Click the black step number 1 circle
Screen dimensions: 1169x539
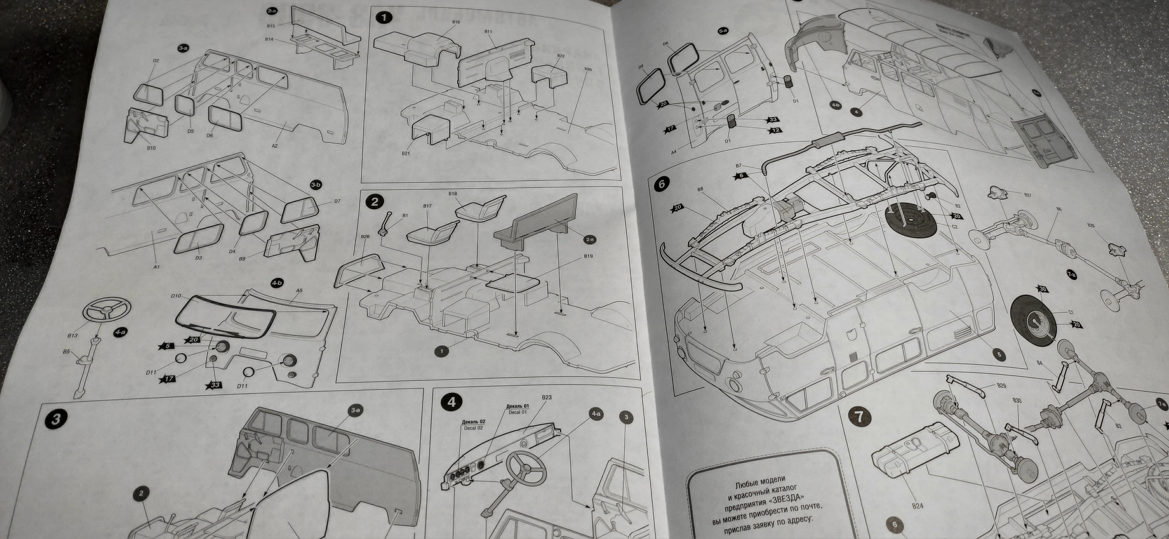pos(384,18)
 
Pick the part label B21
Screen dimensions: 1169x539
pos(405,153)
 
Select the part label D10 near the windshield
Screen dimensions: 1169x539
pos(176,296)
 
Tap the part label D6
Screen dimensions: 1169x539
pos(209,136)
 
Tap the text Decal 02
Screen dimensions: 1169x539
pos(473,428)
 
